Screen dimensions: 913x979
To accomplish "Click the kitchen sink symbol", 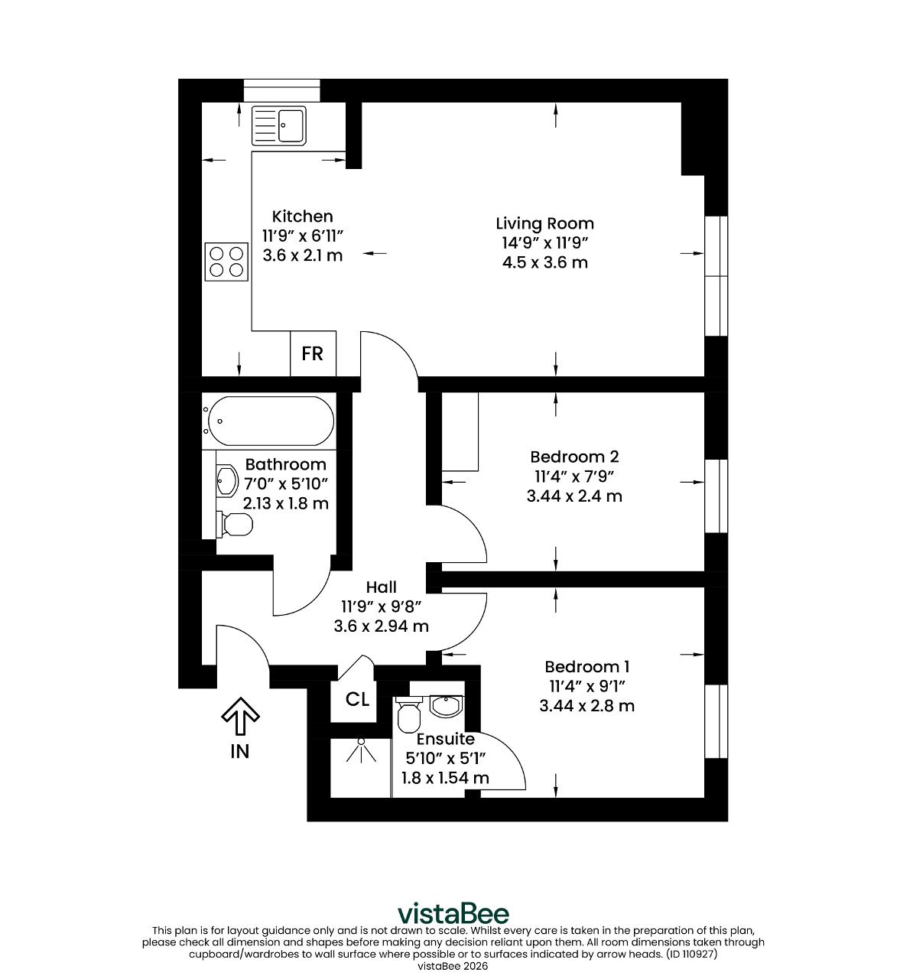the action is click(x=278, y=125).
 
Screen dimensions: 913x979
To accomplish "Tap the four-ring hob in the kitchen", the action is click(x=226, y=262).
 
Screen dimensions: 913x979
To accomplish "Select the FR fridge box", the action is click(x=313, y=353).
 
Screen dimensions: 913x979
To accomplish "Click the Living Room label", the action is click(x=544, y=223).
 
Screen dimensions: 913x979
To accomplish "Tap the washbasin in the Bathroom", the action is click(x=227, y=480).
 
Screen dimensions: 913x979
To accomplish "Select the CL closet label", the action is click(x=357, y=699).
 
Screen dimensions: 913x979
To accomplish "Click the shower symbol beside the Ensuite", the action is click(x=361, y=751).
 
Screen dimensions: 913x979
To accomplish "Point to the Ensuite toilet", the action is click(x=408, y=714).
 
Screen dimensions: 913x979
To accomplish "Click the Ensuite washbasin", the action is click(x=446, y=706).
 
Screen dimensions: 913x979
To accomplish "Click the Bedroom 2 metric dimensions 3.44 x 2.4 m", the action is click(x=574, y=496).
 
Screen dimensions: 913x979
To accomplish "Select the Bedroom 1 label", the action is click(x=586, y=666).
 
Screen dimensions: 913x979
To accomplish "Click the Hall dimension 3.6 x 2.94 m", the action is click(x=381, y=626).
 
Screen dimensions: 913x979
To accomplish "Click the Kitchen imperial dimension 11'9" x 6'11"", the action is click(x=302, y=236).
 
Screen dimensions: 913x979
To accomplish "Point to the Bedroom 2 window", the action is click(x=716, y=496).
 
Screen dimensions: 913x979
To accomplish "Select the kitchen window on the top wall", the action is click(x=282, y=91).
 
